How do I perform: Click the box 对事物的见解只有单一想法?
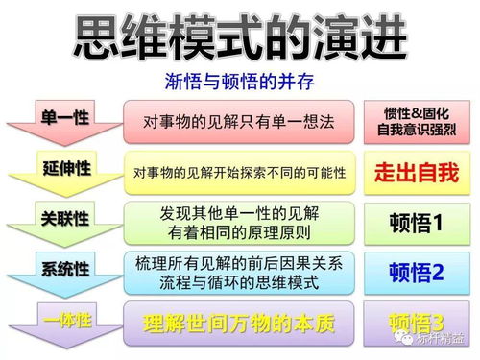click(239, 121)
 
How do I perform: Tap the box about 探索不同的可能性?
click(239, 173)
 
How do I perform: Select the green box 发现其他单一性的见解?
click(239, 222)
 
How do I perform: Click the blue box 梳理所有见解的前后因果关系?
click(239, 272)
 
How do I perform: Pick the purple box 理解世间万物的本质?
click(239, 323)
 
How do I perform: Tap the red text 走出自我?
click(416, 173)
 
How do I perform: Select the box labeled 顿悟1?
click(416, 224)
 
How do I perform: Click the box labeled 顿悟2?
click(416, 273)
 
